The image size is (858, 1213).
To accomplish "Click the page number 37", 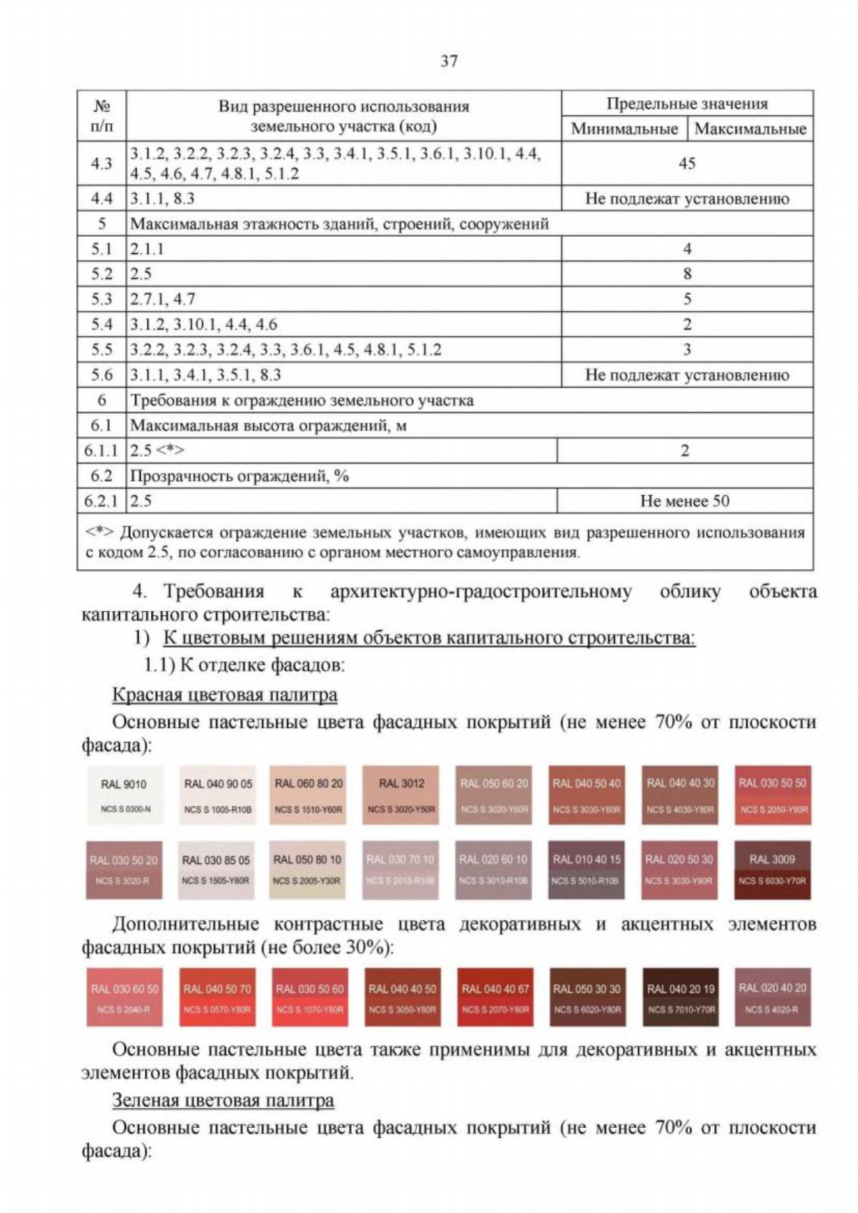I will tap(449, 61).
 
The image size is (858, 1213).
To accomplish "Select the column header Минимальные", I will tap(624, 129).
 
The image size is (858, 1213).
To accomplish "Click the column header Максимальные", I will tap(750, 129).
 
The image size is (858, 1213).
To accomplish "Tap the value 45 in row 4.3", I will tap(686, 163).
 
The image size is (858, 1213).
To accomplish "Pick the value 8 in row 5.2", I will tap(686, 274).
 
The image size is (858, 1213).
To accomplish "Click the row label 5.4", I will tap(102, 325).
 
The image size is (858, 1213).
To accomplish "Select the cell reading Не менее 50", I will tap(684, 501).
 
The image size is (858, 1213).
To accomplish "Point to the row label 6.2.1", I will tap(102, 501).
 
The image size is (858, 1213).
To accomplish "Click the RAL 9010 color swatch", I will tap(124, 795).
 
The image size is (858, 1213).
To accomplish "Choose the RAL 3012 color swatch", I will tap(401, 795).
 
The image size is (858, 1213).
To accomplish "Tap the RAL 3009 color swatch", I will tap(772, 870).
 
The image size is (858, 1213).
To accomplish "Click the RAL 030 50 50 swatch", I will tap(772, 795).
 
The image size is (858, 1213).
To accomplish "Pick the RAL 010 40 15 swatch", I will tap(586, 870).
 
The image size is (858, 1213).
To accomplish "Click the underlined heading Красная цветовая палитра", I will tap(225, 694).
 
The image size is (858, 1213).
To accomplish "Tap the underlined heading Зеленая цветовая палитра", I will tap(222, 1100).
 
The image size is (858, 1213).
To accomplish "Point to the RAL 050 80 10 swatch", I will tap(308, 870).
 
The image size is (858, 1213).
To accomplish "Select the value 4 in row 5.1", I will tap(686, 249).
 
